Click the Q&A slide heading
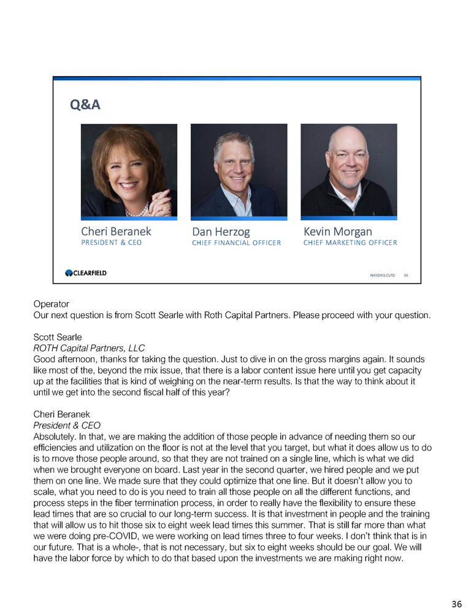click(x=85, y=105)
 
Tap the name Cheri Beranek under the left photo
click(x=116, y=232)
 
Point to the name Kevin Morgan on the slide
click(x=337, y=232)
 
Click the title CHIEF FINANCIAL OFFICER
click(x=236, y=243)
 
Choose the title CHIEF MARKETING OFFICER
click(x=350, y=243)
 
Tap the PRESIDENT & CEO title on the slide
click(x=111, y=243)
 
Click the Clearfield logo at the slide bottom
click(x=86, y=273)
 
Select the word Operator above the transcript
click(x=51, y=304)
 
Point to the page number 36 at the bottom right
click(x=456, y=604)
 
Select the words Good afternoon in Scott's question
click(x=64, y=359)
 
